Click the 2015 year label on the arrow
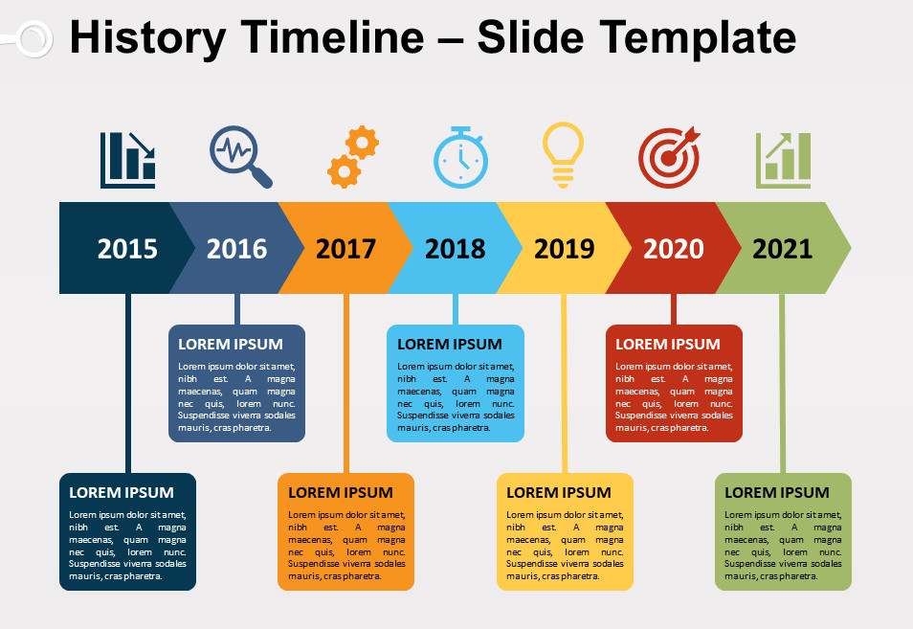coord(127,249)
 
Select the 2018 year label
coord(455,249)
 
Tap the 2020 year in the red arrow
coord(673,249)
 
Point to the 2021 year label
coord(783,249)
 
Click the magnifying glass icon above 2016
coord(240,156)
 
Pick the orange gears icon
coord(353,157)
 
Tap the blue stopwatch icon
coord(460,157)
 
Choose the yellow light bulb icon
coord(563,155)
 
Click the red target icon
coord(669,157)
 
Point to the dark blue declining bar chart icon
coord(127,160)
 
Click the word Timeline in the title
coord(332,37)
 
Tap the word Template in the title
coord(698,38)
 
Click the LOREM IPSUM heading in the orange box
coord(341,493)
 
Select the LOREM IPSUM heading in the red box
coord(668,345)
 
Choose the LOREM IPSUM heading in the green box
coord(777,493)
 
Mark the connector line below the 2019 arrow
coord(565,383)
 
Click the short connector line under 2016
coord(237,309)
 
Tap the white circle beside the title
coord(34,39)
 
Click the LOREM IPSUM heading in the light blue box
coord(450,345)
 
